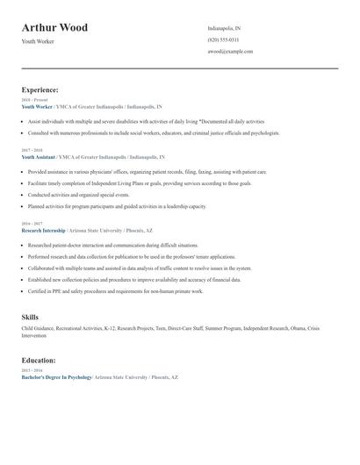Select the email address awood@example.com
(x=230, y=52)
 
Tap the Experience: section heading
(x=40, y=89)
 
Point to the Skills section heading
(x=30, y=317)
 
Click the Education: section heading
(x=39, y=360)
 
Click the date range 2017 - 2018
(x=32, y=150)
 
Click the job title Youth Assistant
(x=40, y=156)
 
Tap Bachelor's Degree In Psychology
(x=57, y=376)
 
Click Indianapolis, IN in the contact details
(x=224, y=28)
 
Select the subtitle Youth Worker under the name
(x=38, y=41)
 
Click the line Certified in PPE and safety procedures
(x=115, y=290)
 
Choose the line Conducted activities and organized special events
(x=83, y=195)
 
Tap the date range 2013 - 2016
(x=32, y=369)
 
